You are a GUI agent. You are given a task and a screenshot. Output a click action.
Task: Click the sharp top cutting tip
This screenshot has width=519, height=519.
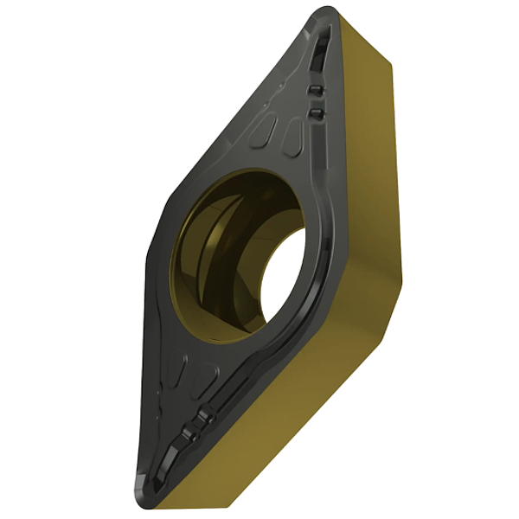click(x=324, y=11)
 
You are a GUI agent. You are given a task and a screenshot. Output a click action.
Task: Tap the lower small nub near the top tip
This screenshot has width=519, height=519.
click(x=316, y=114)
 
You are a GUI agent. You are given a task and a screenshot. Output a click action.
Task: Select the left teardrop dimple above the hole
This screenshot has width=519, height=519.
click(x=267, y=131)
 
